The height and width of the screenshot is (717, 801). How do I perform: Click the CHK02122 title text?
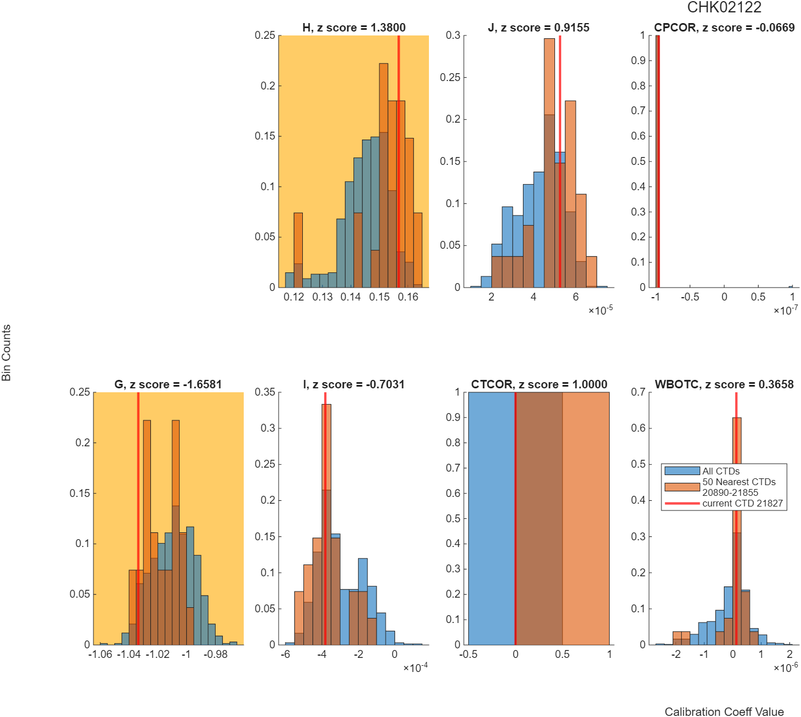coord(724,7)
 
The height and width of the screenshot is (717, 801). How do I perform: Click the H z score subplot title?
coord(354,28)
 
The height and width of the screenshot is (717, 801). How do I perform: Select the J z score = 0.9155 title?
coord(539,28)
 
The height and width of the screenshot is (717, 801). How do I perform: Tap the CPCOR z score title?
coord(724,28)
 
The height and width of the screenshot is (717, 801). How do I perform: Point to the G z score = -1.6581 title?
coord(168,384)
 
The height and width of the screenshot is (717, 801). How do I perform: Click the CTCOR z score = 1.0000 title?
coord(539,384)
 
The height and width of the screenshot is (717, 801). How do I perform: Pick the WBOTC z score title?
coord(724,384)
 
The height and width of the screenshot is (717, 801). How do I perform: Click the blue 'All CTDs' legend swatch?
coord(682,470)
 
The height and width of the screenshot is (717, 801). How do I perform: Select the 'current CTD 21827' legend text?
coord(742,503)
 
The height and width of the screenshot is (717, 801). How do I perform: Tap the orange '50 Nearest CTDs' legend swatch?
coord(682,487)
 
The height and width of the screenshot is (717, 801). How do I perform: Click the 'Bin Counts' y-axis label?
coord(6,352)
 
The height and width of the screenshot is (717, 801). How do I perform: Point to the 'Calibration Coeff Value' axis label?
coord(724,711)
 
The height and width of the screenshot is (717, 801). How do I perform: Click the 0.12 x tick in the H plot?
coord(294,297)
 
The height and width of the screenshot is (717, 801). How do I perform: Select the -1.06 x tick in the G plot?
coord(100,654)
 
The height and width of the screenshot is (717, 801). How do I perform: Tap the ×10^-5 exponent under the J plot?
coord(601,310)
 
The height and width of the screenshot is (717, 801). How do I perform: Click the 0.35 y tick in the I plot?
coord(265,392)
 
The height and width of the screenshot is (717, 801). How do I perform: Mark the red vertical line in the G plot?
coord(138,518)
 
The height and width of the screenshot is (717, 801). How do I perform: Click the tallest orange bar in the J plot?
coord(549,163)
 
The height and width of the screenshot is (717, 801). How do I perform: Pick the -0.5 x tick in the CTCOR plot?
coord(468,654)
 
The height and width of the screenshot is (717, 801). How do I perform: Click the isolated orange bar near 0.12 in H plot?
coord(298,250)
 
